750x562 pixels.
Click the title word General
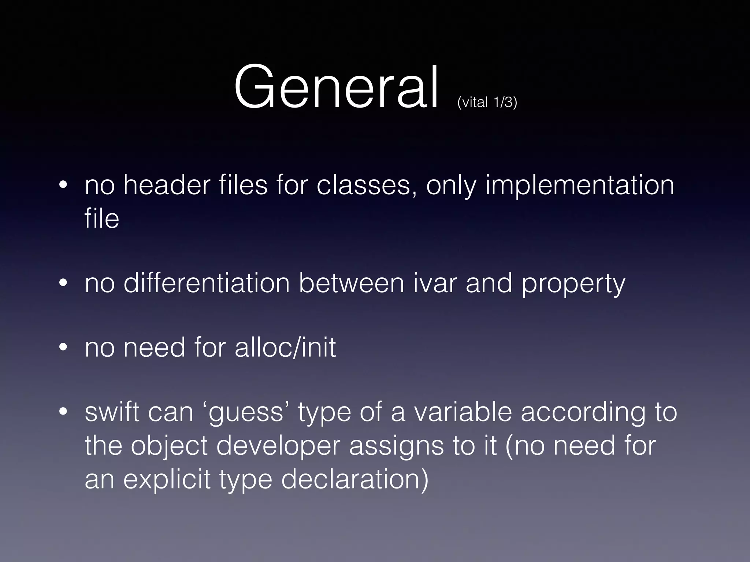(x=336, y=88)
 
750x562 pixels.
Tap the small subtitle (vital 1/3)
(x=487, y=102)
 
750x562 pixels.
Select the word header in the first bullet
(x=167, y=185)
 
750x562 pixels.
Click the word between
(x=351, y=283)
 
